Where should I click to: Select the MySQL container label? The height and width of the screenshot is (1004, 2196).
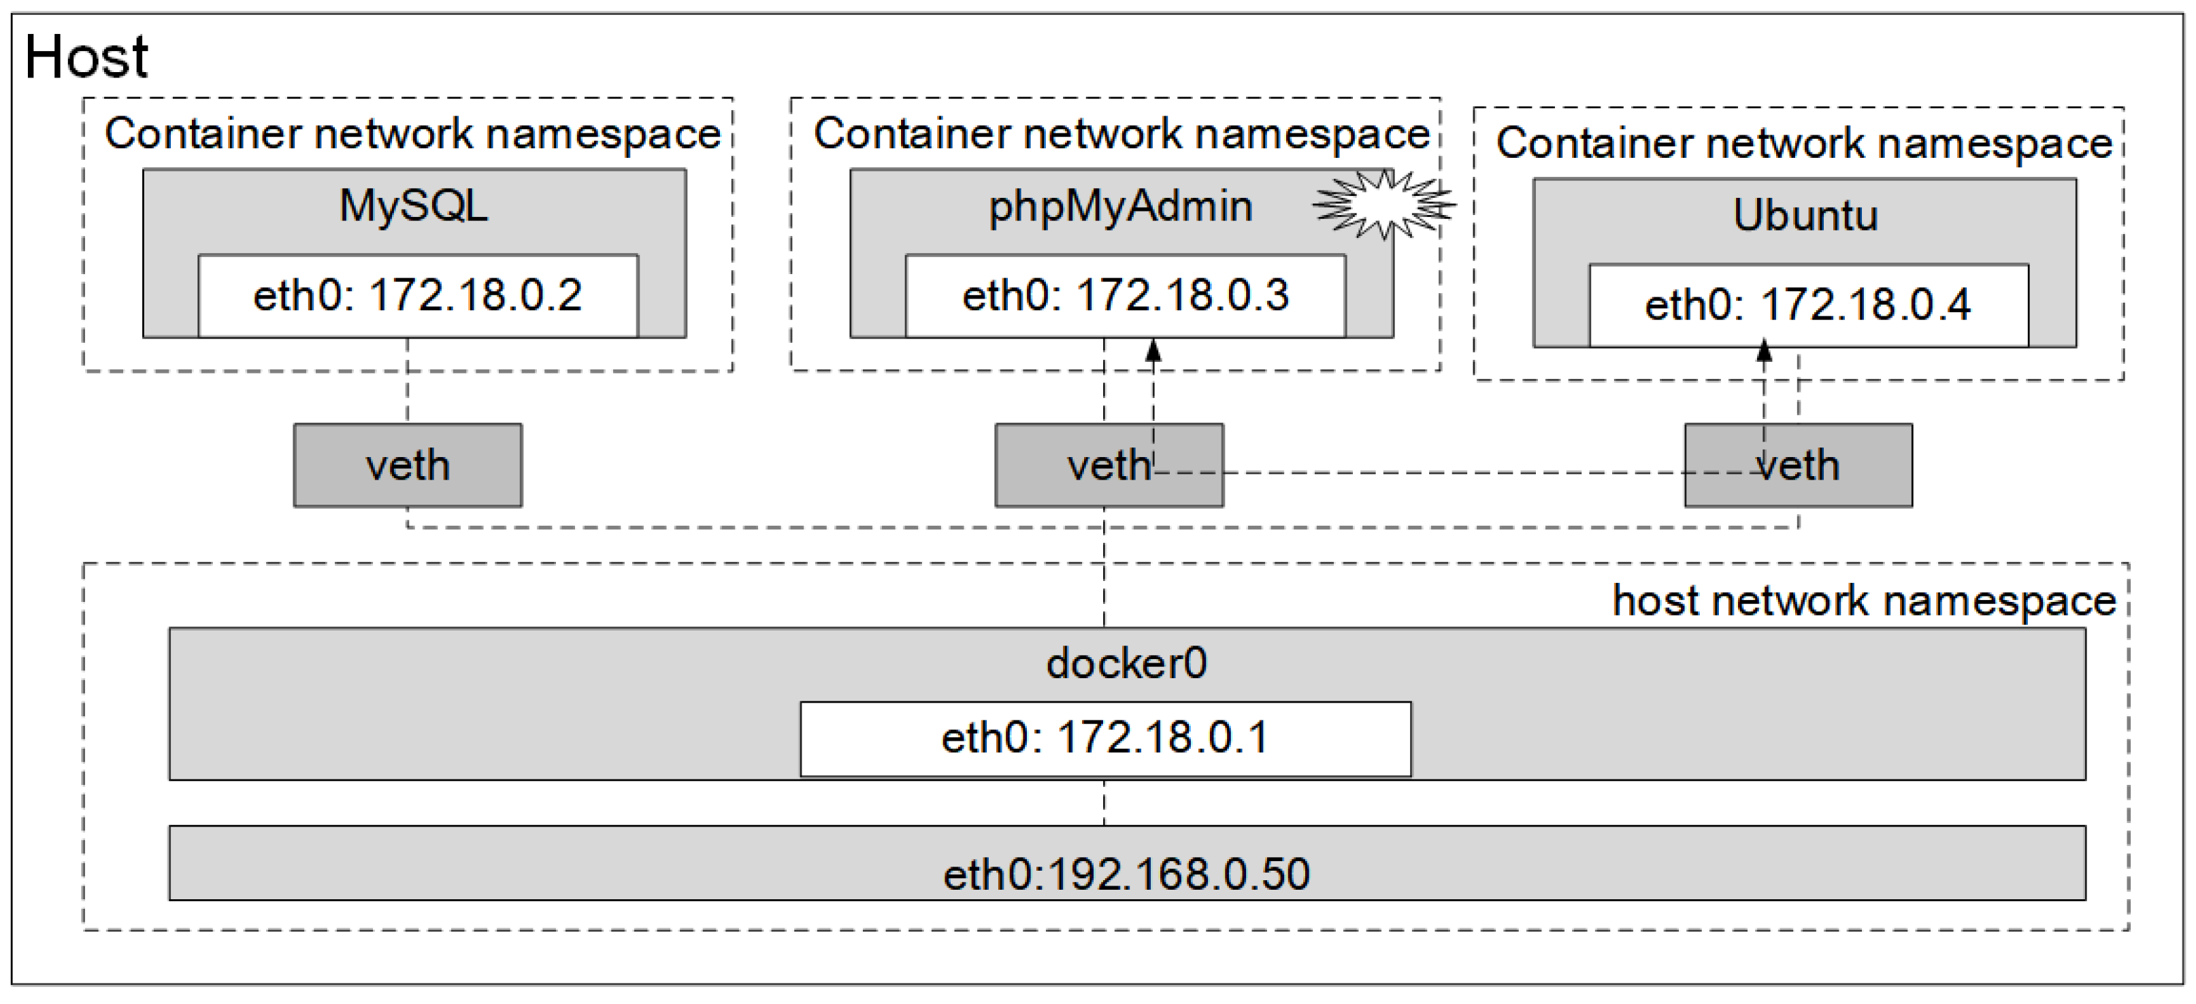click(414, 205)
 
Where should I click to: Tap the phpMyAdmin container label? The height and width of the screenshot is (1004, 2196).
click(1120, 206)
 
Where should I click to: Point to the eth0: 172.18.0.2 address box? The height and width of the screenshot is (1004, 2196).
click(418, 296)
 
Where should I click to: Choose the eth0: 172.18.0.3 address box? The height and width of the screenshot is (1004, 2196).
click(1126, 296)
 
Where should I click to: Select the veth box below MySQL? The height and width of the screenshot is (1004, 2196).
click(408, 465)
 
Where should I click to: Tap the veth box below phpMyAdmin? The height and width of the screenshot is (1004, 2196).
click(1109, 465)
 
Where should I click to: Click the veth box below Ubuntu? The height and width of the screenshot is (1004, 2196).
click(1798, 465)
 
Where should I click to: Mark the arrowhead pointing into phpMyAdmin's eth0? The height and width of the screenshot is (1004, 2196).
click(1153, 350)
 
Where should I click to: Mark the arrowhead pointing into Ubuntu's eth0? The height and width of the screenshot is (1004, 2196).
click(1765, 350)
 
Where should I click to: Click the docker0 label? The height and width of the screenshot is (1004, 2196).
click(1126, 663)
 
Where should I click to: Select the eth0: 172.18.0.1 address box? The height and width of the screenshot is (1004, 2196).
click(1105, 738)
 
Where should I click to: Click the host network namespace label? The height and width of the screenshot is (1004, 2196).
click(1863, 601)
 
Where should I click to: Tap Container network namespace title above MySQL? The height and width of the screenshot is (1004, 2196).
click(412, 134)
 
